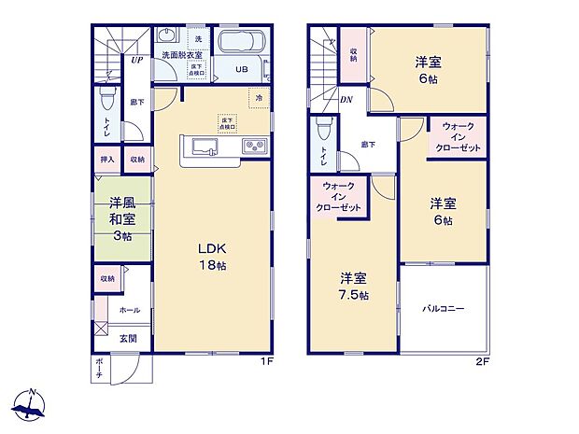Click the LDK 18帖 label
point(211,257)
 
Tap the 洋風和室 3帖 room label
point(118,218)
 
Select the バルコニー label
point(443,307)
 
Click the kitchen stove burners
point(255,146)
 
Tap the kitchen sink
point(205,146)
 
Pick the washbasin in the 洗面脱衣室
point(168,38)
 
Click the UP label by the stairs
point(136,60)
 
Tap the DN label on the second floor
point(346,100)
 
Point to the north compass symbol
point(32,403)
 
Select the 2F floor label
point(483,362)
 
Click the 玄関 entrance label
point(129,337)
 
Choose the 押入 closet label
point(107,160)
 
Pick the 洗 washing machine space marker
point(197,38)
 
